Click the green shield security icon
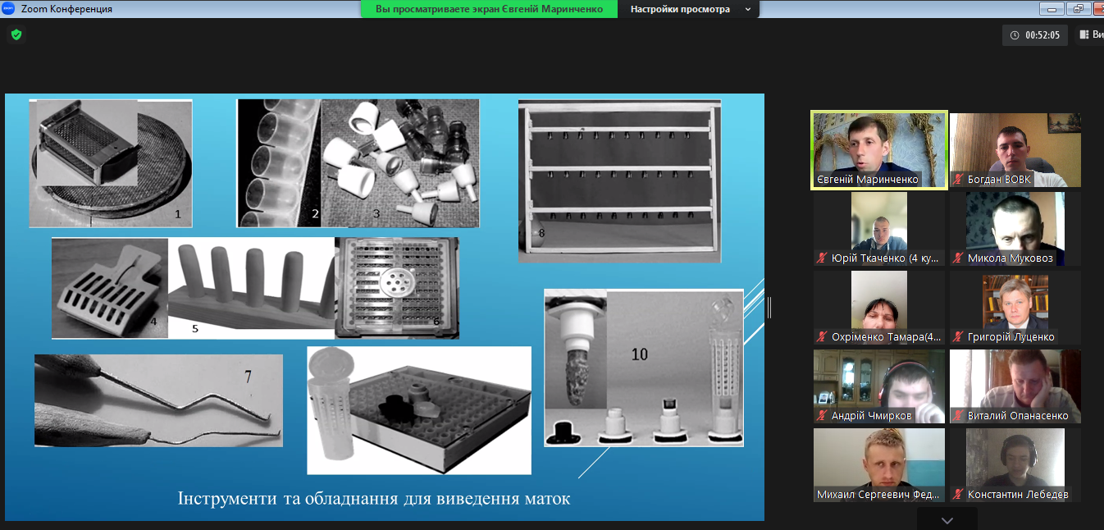click(x=16, y=34)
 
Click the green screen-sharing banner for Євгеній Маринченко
click(x=489, y=9)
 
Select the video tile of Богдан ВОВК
click(x=1015, y=150)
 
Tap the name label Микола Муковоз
click(x=1010, y=258)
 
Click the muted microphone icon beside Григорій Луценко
click(x=958, y=336)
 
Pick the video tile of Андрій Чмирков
click(x=878, y=386)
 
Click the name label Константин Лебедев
click(x=1018, y=494)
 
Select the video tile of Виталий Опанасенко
click(x=1015, y=386)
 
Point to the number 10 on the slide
click(x=639, y=354)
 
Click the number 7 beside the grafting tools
click(x=248, y=377)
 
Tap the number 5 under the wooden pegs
click(x=194, y=328)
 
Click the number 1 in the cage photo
click(x=178, y=214)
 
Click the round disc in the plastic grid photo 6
click(x=398, y=282)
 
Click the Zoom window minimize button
click(x=1052, y=9)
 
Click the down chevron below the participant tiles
click(x=947, y=521)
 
